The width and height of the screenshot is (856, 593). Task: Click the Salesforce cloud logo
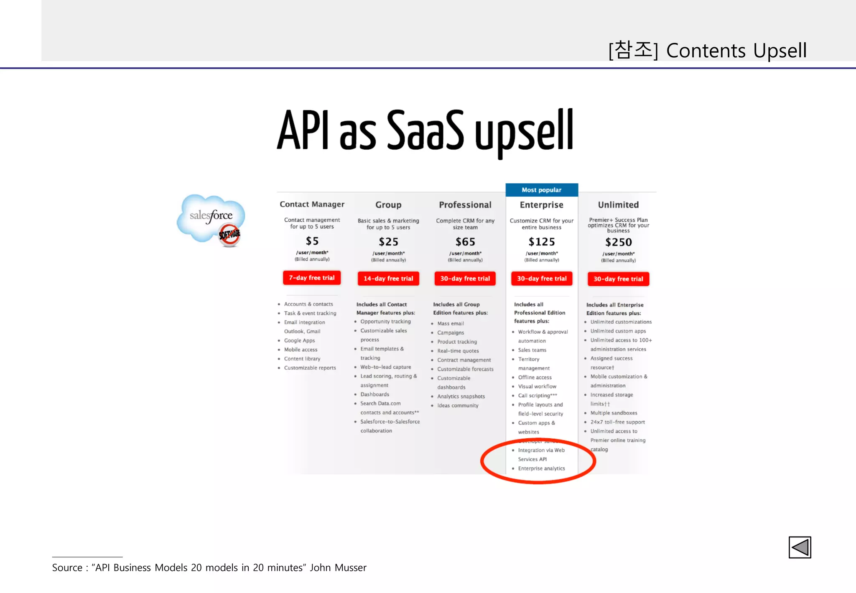[211, 218]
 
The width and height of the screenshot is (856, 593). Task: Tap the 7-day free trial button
[312, 278]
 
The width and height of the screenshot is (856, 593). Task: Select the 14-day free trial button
[388, 279]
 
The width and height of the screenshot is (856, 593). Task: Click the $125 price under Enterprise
[542, 242]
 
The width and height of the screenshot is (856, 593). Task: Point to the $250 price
[619, 242]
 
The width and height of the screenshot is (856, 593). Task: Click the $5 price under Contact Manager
[312, 241]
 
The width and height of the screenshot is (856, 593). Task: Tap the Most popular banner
[542, 190]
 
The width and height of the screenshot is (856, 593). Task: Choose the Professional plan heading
[465, 205]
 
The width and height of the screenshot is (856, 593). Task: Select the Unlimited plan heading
[618, 205]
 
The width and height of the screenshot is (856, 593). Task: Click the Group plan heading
[388, 205]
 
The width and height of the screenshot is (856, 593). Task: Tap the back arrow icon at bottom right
[800, 547]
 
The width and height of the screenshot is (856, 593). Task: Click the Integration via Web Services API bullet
[541, 455]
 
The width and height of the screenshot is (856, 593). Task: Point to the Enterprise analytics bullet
[541, 468]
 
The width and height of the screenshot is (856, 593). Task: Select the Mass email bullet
[451, 324]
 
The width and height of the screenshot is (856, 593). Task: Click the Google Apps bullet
[299, 340]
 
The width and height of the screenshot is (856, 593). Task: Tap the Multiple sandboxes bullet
[614, 413]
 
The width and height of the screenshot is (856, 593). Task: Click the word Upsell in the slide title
[780, 51]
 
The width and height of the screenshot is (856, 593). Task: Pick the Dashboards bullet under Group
[374, 394]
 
